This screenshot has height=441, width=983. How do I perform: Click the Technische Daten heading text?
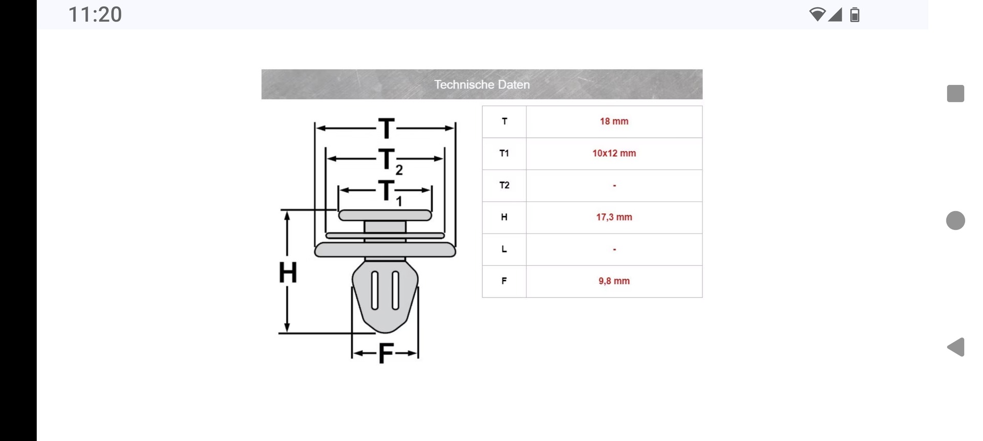point(482,85)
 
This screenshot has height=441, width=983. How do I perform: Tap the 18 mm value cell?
point(614,121)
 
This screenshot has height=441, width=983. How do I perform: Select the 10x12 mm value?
point(614,153)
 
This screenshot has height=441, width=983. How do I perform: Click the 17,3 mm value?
point(614,217)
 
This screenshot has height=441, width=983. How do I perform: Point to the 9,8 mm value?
point(614,281)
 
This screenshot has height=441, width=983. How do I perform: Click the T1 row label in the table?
point(504,153)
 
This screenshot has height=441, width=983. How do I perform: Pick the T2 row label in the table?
point(504,185)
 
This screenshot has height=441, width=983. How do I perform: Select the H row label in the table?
point(504,217)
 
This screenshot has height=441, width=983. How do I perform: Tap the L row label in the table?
point(504,249)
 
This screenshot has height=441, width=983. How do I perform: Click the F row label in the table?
point(504,281)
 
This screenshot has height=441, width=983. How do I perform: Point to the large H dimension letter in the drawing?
point(288,272)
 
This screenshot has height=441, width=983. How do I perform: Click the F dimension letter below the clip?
point(386,353)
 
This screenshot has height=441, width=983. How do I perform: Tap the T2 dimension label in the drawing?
point(389,160)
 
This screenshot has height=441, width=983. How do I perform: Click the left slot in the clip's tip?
point(375,290)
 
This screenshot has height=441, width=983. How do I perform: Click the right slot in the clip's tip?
point(395,290)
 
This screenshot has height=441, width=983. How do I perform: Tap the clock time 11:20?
point(95,14)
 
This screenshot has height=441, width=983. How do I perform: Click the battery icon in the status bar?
point(854,15)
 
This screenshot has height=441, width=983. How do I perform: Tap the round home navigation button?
point(955,220)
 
